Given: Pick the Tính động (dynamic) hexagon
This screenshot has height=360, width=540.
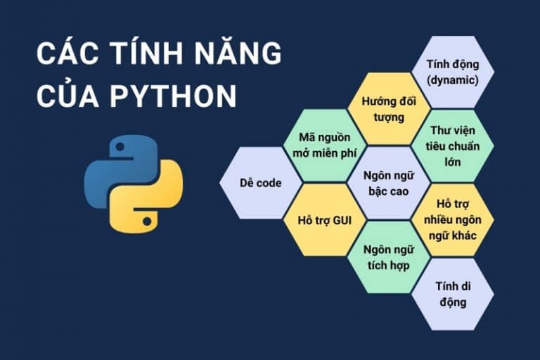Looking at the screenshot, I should [x=452, y=72].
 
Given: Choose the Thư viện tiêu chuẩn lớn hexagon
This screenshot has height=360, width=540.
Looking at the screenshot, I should [x=452, y=146].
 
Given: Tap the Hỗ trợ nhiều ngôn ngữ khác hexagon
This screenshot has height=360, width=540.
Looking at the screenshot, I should [x=452, y=219].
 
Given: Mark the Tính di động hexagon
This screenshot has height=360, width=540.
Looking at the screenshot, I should [x=452, y=293].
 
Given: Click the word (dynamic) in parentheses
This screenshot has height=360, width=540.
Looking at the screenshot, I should [x=452, y=79].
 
